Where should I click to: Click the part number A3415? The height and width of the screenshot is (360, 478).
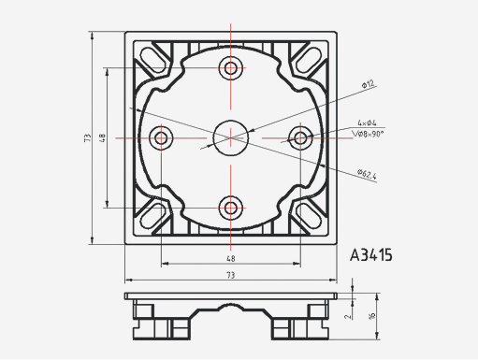pyautogui.click(x=370, y=254)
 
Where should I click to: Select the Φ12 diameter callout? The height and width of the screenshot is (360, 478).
pyautogui.click(x=367, y=85)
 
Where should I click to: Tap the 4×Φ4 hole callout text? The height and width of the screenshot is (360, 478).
pyautogui.click(x=367, y=122)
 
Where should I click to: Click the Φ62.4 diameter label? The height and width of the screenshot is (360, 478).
pyautogui.click(x=366, y=174)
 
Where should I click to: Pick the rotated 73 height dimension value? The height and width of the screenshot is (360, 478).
pyautogui.click(x=86, y=137)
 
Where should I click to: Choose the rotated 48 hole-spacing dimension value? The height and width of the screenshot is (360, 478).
pyautogui.click(x=102, y=137)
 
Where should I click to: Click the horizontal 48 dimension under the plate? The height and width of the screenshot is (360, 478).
pyautogui.click(x=230, y=257)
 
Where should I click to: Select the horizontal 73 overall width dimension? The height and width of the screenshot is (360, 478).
pyautogui.click(x=230, y=275)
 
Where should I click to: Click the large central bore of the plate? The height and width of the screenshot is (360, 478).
pyautogui.click(x=230, y=137)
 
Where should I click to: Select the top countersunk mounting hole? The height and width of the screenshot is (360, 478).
pyautogui.click(x=230, y=68)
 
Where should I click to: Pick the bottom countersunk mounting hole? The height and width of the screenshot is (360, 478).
pyautogui.click(x=230, y=208)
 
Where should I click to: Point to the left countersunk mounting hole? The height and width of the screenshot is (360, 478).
pyautogui.click(x=161, y=137)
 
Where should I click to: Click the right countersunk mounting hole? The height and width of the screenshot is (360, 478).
pyautogui.click(x=300, y=137)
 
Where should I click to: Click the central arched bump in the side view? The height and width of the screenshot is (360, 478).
pyautogui.click(x=230, y=306)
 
